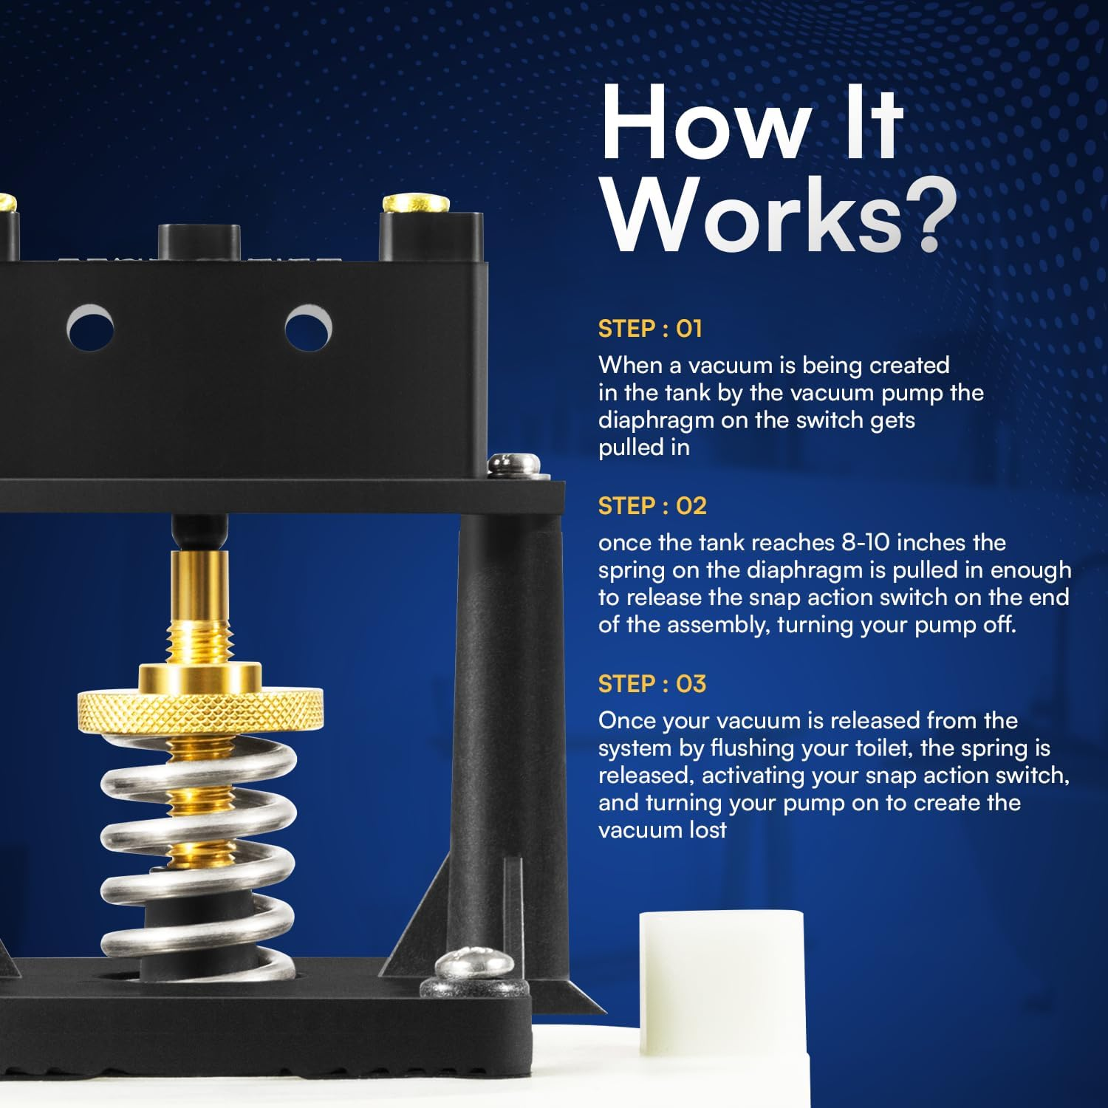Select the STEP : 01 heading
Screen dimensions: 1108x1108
click(x=650, y=329)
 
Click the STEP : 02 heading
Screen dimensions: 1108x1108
click(x=652, y=506)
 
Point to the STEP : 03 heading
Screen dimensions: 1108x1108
click(x=652, y=684)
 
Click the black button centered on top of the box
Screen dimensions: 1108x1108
click(x=199, y=242)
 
